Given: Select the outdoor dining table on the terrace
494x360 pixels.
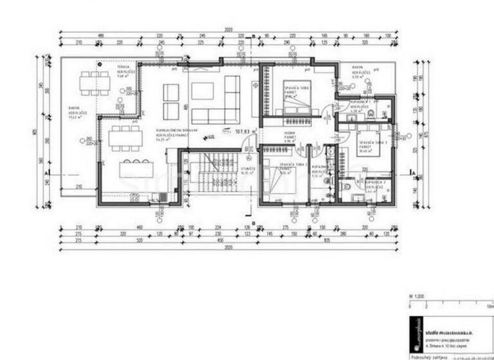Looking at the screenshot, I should (94, 83).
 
